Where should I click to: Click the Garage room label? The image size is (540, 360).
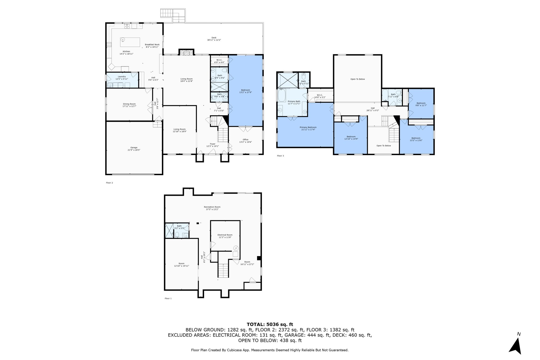134,148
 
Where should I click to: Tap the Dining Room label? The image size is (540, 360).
129,104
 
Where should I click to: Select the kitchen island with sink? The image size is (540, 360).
130,42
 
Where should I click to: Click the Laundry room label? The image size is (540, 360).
122,76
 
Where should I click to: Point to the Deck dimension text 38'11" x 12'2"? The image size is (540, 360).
214,40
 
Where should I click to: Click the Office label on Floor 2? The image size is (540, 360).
245,140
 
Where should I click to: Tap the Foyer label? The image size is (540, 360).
213,144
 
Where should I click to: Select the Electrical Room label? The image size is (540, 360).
225,235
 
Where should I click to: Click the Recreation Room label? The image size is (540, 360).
212,207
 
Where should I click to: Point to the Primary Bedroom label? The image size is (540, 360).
308,127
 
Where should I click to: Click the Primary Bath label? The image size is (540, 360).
294,101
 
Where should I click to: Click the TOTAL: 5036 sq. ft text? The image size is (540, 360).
270,324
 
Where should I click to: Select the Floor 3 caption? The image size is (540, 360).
280,156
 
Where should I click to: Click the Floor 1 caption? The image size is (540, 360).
168,299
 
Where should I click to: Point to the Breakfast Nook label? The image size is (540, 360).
152,45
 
